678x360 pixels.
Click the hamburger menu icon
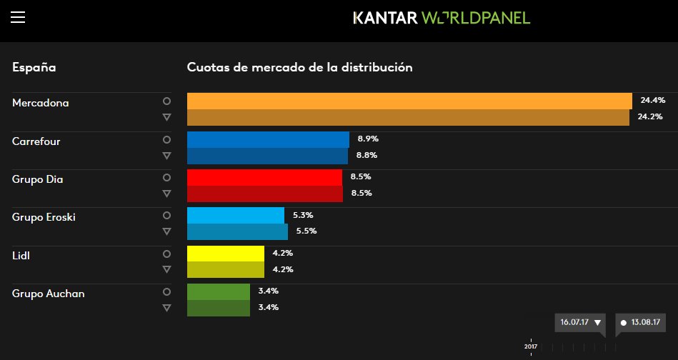point(18,17)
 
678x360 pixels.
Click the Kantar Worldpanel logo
point(442,17)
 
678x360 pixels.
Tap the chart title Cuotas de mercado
point(299,67)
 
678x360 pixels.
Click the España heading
point(34,67)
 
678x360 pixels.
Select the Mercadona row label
point(41,103)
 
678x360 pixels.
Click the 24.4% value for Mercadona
point(652,101)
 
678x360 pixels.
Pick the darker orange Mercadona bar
point(408,117)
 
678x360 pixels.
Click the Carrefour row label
point(36,141)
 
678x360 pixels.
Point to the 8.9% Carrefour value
point(368,139)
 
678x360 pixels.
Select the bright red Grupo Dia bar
point(264,176)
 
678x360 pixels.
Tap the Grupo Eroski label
point(44,217)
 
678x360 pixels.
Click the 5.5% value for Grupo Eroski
point(306,231)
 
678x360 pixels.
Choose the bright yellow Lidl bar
point(225,253)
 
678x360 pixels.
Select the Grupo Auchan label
point(49,293)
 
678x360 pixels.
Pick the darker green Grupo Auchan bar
point(218,307)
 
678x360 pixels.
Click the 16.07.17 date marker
point(579,322)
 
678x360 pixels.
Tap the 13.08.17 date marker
point(640,322)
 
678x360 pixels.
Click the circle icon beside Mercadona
point(166,101)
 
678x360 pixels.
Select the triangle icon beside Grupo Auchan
point(166,307)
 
